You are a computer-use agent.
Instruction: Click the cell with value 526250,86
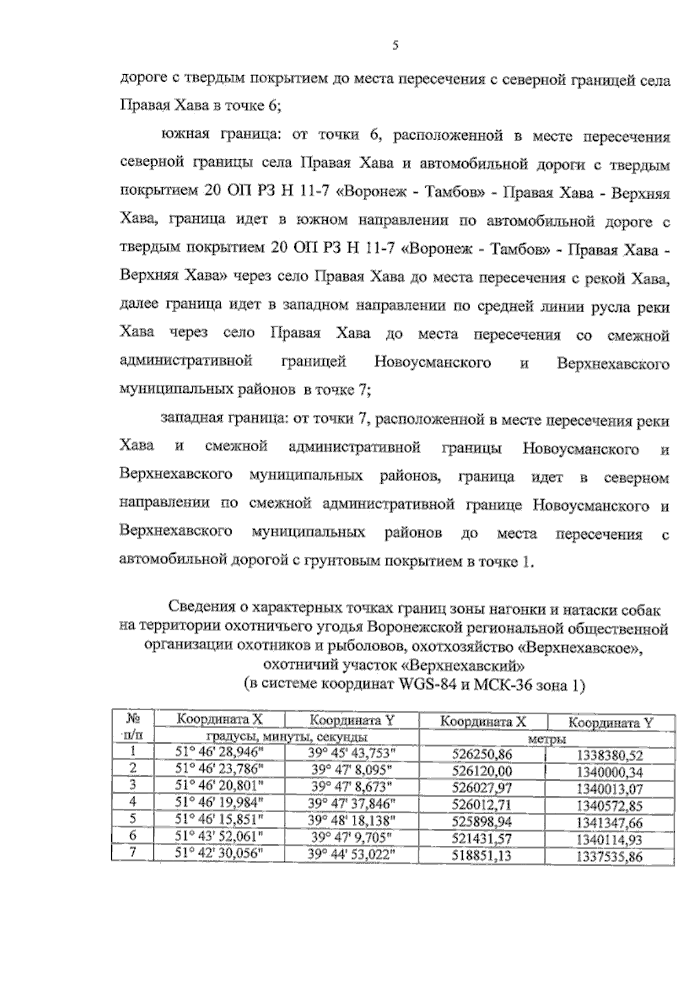tap(482, 755)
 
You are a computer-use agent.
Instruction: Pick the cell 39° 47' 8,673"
tap(352, 786)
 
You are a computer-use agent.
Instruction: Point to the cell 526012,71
tap(482, 804)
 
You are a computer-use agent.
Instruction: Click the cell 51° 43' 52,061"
tap(220, 837)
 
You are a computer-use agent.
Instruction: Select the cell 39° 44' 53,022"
tap(352, 854)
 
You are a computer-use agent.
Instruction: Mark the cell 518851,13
tap(482, 855)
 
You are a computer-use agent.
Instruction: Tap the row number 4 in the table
tap(133, 802)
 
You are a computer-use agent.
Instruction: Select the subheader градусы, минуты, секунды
tap(287, 737)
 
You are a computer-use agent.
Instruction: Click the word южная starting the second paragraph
tap(185, 137)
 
